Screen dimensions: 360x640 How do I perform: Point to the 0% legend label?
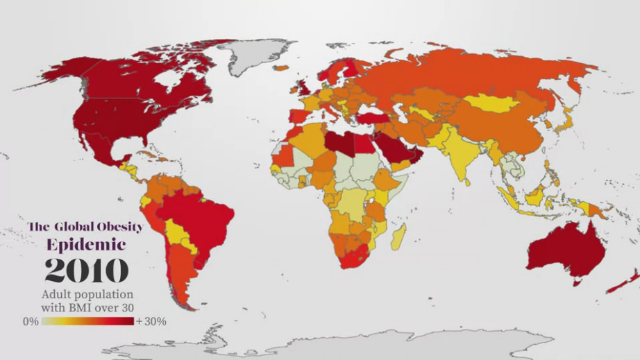click(30, 322)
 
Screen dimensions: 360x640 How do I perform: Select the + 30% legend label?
click(151, 322)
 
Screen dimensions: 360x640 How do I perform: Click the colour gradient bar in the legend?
click(87, 322)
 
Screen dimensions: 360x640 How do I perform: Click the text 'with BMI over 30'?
click(87, 307)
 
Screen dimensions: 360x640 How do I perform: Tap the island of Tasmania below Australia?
click(575, 281)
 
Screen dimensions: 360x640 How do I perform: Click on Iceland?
click(281, 68)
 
